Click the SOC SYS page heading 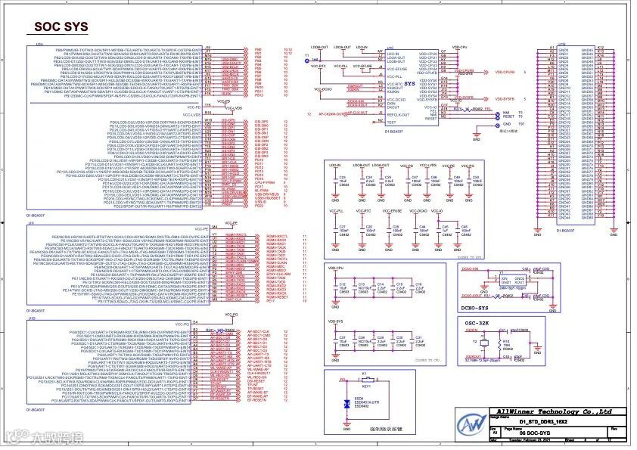pos(61,26)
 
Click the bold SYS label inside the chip pos(409,83)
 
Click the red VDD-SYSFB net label pos(505,99)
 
